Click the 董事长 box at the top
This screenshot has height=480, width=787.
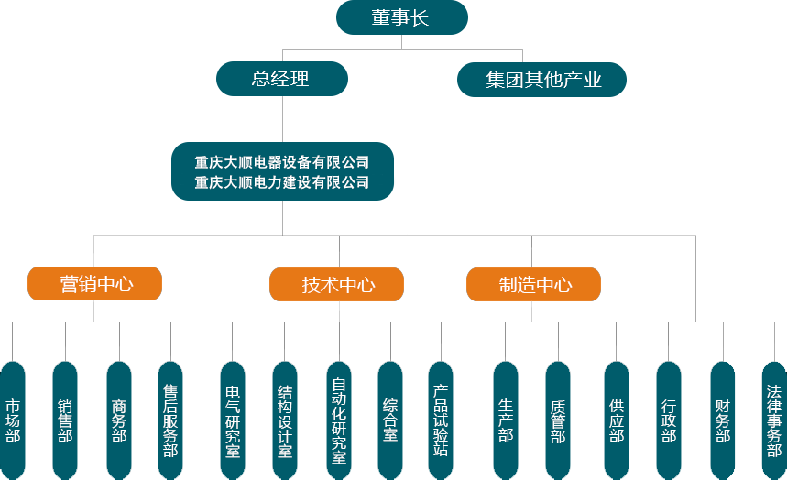pyautogui.click(x=401, y=17)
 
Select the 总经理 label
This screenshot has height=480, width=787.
pyautogui.click(x=280, y=79)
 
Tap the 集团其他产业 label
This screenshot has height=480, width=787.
pyautogui.click(x=543, y=80)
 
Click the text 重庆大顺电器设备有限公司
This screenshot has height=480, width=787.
pyautogui.click(x=282, y=162)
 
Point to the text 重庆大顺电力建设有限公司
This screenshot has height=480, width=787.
pyautogui.click(x=282, y=182)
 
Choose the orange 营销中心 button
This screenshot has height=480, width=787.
pyautogui.click(x=95, y=284)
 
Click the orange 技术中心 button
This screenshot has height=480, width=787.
pyautogui.click(x=337, y=285)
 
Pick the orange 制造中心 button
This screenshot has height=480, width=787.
pyautogui.click(x=534, y=285)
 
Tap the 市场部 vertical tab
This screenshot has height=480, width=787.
pyautogui.click(x=13, y=420)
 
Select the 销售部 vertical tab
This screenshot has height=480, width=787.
pyautogui.click(x=65, y=420)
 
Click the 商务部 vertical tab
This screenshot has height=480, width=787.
pyautogui.click(x=119, y=420)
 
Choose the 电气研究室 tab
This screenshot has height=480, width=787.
pyautogui.click(x=233, y=420)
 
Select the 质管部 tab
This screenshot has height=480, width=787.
pyautogui.click(x=558, y=420)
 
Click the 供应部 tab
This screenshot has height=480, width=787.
pyautogui.click(x=617, y=420)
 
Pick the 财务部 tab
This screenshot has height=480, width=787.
pyautogui.click(x=723, y=420)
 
